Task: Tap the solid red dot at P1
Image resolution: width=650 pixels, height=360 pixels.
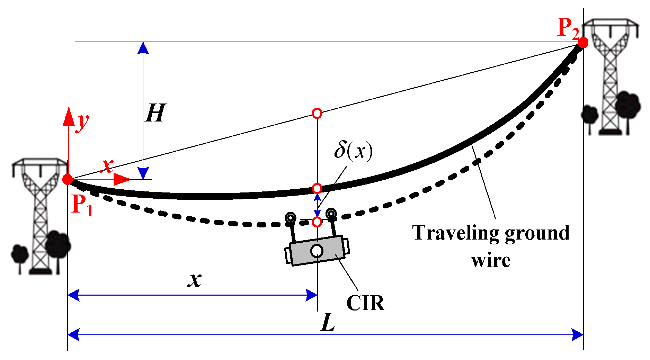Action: tap(68, 179)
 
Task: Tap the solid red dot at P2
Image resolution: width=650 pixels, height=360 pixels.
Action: tap(583, 43)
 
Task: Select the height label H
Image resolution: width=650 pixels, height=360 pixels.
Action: tap(155, 113)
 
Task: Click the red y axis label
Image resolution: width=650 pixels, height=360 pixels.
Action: tap(83, 122)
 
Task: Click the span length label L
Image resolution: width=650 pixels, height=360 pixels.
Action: tap(328, 323)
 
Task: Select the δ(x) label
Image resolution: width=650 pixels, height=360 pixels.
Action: tap(353, 151)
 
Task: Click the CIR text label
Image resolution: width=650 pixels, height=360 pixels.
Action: tap(365, 303)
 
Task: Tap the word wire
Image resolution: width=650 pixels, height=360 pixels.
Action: tap(491, 260)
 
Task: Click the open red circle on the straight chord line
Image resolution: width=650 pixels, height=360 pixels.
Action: tap(317, 113)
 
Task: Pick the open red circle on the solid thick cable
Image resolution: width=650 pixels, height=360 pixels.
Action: tap(317, 188)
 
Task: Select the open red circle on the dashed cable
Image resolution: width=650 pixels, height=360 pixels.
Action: tap(317, 222)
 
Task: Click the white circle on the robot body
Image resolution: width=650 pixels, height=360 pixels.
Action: tap(317, 251)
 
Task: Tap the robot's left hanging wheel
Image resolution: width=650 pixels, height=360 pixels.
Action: tap(290, 218)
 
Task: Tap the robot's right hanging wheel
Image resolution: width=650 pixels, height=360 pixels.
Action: tap(331, 213)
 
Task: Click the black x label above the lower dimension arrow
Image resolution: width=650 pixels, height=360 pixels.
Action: tap(195, 280)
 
